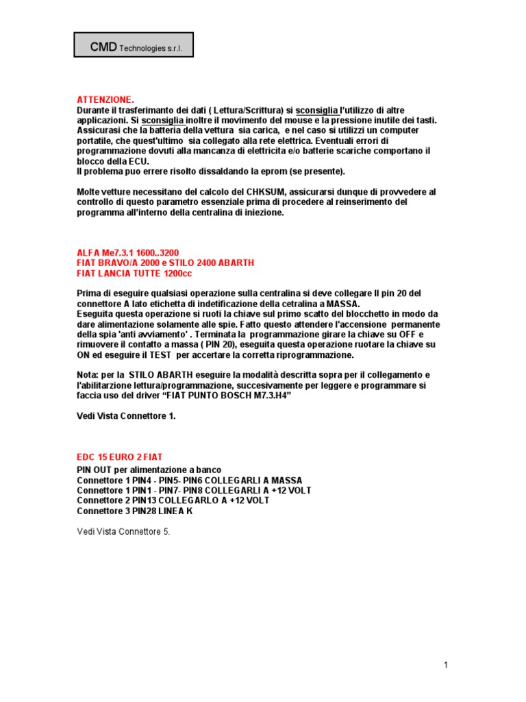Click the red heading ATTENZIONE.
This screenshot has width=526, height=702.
(x=105, y=100)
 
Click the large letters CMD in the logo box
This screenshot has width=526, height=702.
(x=103, y=47)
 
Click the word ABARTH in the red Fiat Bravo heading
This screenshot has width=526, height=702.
(x=234, y=263)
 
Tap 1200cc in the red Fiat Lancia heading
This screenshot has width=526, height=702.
(x=178, y=274)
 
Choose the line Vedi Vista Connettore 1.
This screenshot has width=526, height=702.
(x=126, y=416)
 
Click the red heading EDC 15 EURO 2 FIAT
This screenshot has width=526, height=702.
(x=119, y=457)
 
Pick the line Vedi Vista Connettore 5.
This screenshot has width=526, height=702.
(x=123, y=531)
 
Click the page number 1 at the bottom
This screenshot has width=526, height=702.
(x=445, y=664)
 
